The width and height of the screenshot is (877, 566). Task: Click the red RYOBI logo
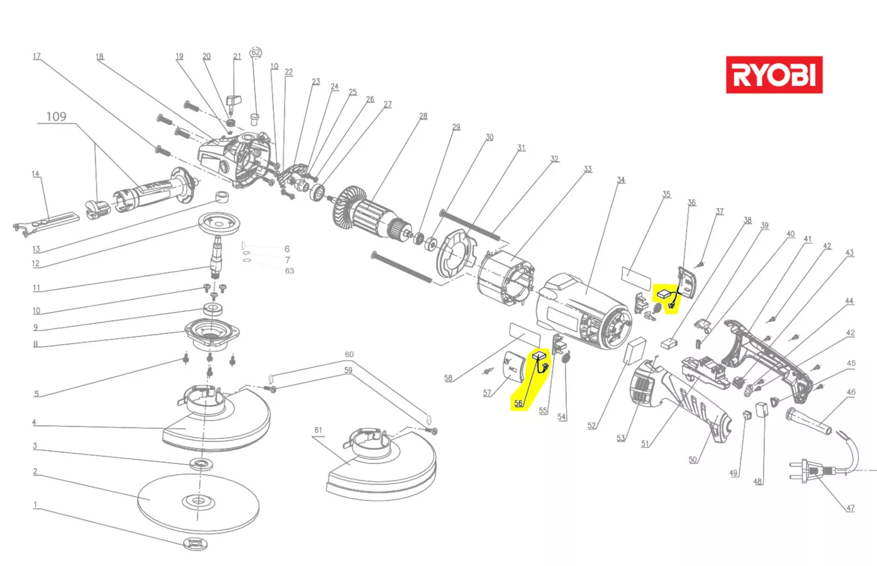point(774,75)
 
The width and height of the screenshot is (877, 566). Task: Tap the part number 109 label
point(56,116)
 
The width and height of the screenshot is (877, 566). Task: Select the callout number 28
point(423,116)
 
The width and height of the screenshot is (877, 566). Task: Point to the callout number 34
point(621,180)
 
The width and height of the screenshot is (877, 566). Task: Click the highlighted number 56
point(518,403)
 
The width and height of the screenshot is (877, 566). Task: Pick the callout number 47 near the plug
point(850,508)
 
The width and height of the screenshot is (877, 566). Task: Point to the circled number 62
point(255,52)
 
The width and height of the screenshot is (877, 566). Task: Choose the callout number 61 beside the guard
point(318,430)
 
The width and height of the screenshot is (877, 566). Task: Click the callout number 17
point(36,57)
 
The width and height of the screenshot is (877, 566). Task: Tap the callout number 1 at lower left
point(35,505)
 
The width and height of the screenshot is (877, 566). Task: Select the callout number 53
point(620,438)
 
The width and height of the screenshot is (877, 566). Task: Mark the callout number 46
point(851,392)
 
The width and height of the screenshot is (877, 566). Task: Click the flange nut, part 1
point(196,543)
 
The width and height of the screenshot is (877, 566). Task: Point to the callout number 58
point(448,378)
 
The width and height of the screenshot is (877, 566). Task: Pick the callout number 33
point(587,169)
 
